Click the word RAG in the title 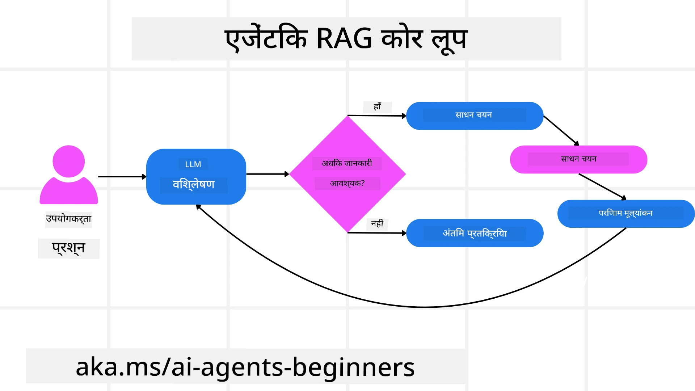pos(344,39)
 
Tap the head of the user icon pos(69,161)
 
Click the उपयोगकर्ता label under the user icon pos(68,219)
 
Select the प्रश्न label pos(68,248)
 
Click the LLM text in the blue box pos(193,164)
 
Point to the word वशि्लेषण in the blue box pos(194,185)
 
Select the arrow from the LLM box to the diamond pos(267,174)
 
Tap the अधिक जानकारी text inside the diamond pos(347,163)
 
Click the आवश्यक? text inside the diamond pos(347,184)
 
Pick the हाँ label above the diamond pos(378,107)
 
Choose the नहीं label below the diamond pos(377,224)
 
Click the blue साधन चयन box pos(474,115)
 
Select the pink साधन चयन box pos(578,159)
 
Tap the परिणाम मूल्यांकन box pos(625,213)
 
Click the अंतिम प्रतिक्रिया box pos(475,234)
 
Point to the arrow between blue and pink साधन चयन pos(561,130)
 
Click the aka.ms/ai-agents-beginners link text pos(245,367)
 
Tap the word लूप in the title pos(450,39)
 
